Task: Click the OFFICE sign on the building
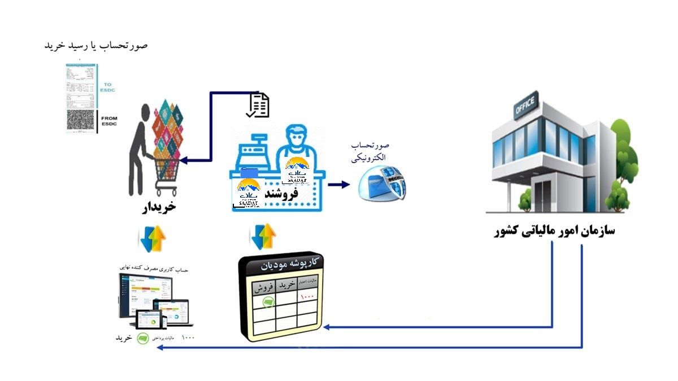click(x=525, y=108)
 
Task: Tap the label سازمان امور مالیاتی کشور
click(x=554, y=231)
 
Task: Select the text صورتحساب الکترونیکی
click(x=370, y=151)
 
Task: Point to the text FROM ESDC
click(x=108, y=121)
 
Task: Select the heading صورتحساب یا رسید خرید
click(x=96, y=45)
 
